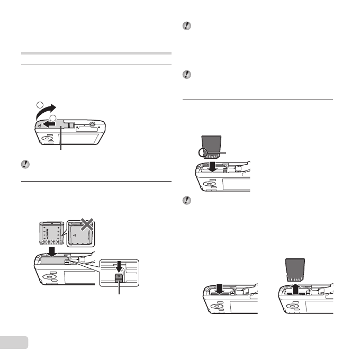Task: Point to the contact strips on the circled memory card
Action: (212, 156)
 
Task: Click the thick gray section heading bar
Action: (96, 53)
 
